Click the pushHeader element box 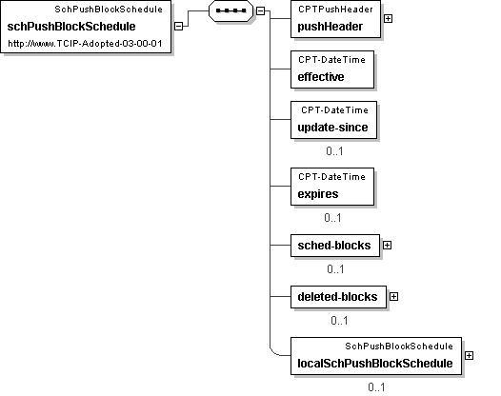tap(335, 19)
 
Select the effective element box tap(332, 69)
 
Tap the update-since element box tap(333, 120)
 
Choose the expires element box tap(332, 187)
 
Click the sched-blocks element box tap(335, 246)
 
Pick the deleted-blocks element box tap(338, 297)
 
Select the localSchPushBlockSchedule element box tap(376, 356)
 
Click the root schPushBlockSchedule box tap(86, 27)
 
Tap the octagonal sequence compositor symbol tap(231, 10)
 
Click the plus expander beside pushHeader tap(388, 18)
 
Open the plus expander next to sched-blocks tap(387, 246)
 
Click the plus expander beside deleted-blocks tap(393, 297)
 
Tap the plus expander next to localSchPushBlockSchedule tap(469, 355)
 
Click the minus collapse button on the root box tap(179, 27)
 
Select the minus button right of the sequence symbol tap(260, 10)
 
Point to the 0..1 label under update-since tap(334, 151)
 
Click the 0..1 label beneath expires tap(332, 218)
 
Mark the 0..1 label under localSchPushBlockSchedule tap(376, 387)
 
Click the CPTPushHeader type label tap(335, 10)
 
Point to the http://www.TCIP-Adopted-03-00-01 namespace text tap(85, 44)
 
